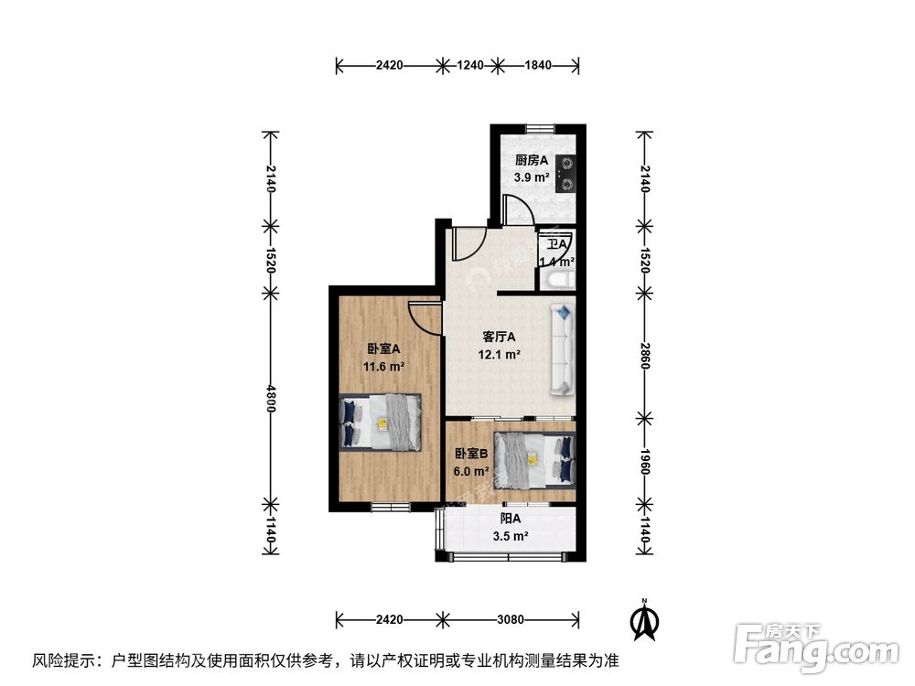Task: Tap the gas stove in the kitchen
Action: pyautogui.click(x=568, y=174)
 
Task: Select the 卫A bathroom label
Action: pyautogui.click(x=556, y=244)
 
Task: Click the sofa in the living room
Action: pyautogui.click(x=563, y=350)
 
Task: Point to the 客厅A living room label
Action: pyautogui.click(x=500, y=337)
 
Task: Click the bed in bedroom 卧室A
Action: pyautogui.click(x=380, y=422)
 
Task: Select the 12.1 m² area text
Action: pyautogui.click(x=500, y=355)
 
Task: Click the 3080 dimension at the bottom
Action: pyautogui.click(x=510, y=619)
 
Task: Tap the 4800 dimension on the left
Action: pyautogui.click(x=271, y=397)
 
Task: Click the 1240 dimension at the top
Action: pyautogui.click(x=469, y=65)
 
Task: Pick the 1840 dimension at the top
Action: pyautogui.click(x=537, y=65)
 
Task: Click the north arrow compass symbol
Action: pyautogui.click(x=645, y=621)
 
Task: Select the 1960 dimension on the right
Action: pyautogui.click(x=645, y=462)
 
